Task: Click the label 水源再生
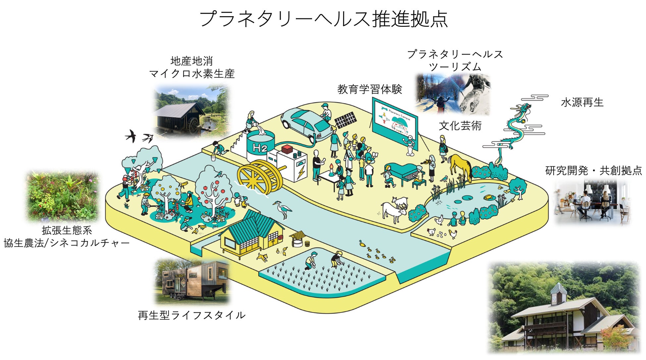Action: tap(582, 103)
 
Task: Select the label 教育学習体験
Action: tap(369, 89)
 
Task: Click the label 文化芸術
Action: tap(460, 126)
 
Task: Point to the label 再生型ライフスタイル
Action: tap(191, 315)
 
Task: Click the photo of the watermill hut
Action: tap(191, 111)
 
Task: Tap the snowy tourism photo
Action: tap(453, 94)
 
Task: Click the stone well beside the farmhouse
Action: tap(297, 239)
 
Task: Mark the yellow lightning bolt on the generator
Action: tap(302, 172)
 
